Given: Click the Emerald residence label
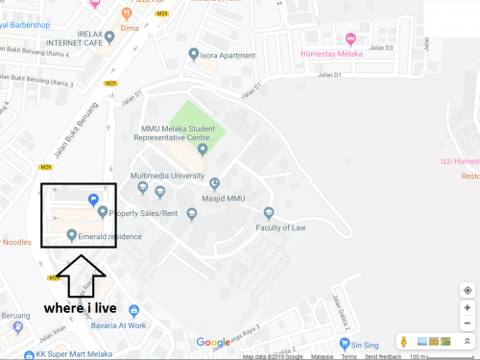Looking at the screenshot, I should point(110,236).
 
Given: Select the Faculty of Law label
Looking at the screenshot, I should point(280,228).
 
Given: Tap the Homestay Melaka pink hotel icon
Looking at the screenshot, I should point(350,39).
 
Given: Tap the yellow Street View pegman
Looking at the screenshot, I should point(405,342).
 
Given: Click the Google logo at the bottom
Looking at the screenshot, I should point(213,343).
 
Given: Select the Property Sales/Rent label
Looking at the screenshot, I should point(145,213).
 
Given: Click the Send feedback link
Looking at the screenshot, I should point(383,356).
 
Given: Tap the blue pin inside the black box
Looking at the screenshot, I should point(93,199).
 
